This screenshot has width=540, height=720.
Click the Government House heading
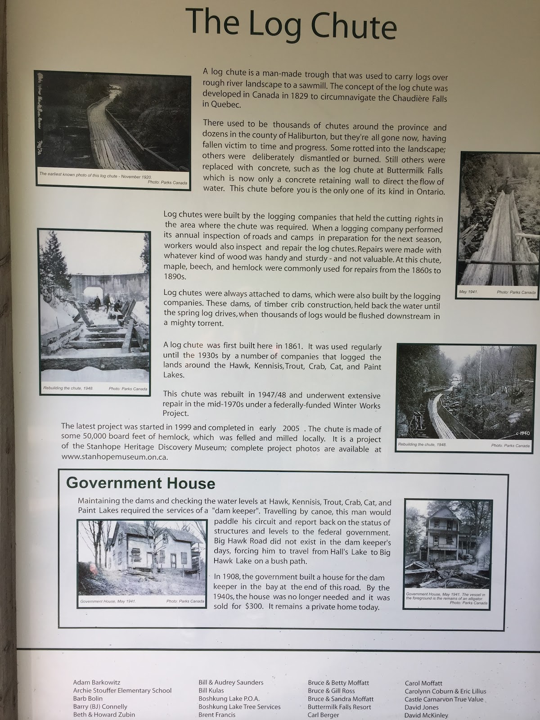[x=140, y=483]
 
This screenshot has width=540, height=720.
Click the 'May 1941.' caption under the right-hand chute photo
[x=468, y=292]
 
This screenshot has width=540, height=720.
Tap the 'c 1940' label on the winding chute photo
[x=522, y=433]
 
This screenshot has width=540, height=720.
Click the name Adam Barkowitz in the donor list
[x=96, y=683]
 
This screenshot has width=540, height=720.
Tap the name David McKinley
[x=426, y=715]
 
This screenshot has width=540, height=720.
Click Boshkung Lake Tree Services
[x=239, y=707]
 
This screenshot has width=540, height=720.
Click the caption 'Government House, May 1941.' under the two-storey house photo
[x=108, y=602]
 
